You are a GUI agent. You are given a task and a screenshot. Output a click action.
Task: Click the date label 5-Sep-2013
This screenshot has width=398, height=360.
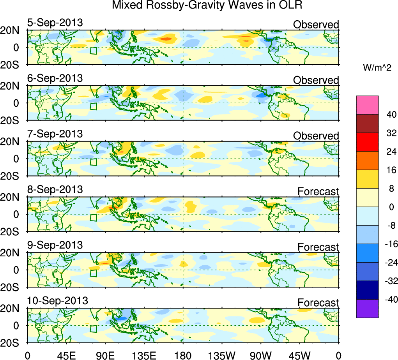tap(55, 23)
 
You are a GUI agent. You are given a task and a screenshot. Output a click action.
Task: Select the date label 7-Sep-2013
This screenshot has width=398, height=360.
tap(55, 134)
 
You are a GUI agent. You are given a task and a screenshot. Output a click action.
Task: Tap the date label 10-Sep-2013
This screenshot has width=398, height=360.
tap(57, 301)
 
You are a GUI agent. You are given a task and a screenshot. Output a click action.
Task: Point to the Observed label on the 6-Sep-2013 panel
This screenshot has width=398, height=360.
tap(316, 80)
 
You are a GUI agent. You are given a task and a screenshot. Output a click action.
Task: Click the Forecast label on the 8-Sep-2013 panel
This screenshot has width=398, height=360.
tap(318, 191)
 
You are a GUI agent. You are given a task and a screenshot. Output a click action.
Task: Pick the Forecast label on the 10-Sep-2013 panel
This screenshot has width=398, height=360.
tap(318, 303)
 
